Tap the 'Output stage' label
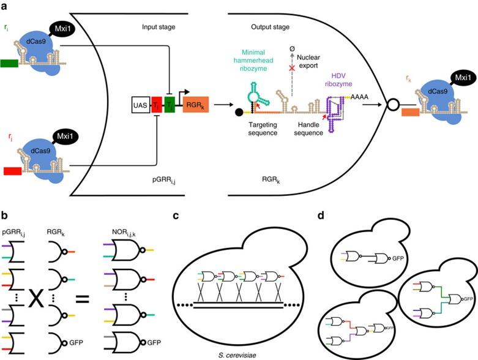tap(271, 27)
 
